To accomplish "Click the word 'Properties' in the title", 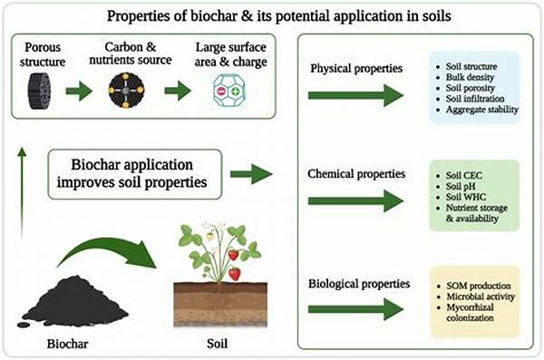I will tap(162, 15).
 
